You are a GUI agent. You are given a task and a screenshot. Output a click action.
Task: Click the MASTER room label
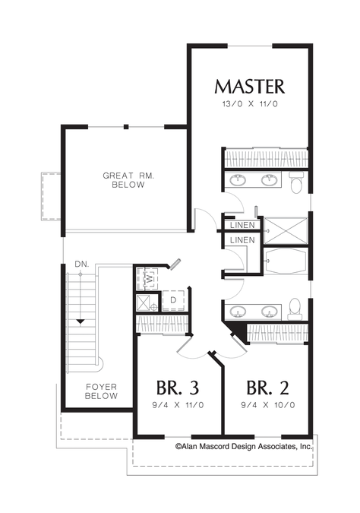(249, 87)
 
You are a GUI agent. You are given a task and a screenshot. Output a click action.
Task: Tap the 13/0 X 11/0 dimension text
(250, 104)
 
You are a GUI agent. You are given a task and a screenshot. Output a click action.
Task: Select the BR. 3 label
(178, 388)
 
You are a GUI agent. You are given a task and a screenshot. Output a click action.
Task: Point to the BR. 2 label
(268, 388)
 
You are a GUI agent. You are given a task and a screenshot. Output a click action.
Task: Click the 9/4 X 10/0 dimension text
(268, 405)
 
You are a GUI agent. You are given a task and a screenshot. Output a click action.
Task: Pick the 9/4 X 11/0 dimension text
(178, 405)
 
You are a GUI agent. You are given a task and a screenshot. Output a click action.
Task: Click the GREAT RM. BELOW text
(128, 180)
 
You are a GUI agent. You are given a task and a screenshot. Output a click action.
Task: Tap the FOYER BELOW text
(101, 391)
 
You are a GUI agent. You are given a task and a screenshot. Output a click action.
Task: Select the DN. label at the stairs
(82, 264)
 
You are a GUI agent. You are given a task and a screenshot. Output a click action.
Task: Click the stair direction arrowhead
(80, 322)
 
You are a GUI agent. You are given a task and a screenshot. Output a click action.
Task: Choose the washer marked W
(150, 279)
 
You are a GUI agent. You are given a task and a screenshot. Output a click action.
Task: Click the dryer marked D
(173, 300)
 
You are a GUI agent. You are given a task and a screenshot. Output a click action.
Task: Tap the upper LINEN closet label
(242, 225)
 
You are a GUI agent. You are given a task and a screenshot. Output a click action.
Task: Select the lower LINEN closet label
(242, 240)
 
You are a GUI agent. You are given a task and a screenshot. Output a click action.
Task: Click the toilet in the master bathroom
(296, 182)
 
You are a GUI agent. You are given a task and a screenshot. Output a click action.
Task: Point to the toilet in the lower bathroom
(295, 309)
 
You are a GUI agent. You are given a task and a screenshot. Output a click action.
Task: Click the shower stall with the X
(286, 230)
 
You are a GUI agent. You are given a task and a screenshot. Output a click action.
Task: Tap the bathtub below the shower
(286, 261)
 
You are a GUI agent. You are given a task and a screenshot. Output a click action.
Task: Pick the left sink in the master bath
(238, 179)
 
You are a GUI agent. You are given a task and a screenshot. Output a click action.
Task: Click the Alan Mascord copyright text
(244, 446)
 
